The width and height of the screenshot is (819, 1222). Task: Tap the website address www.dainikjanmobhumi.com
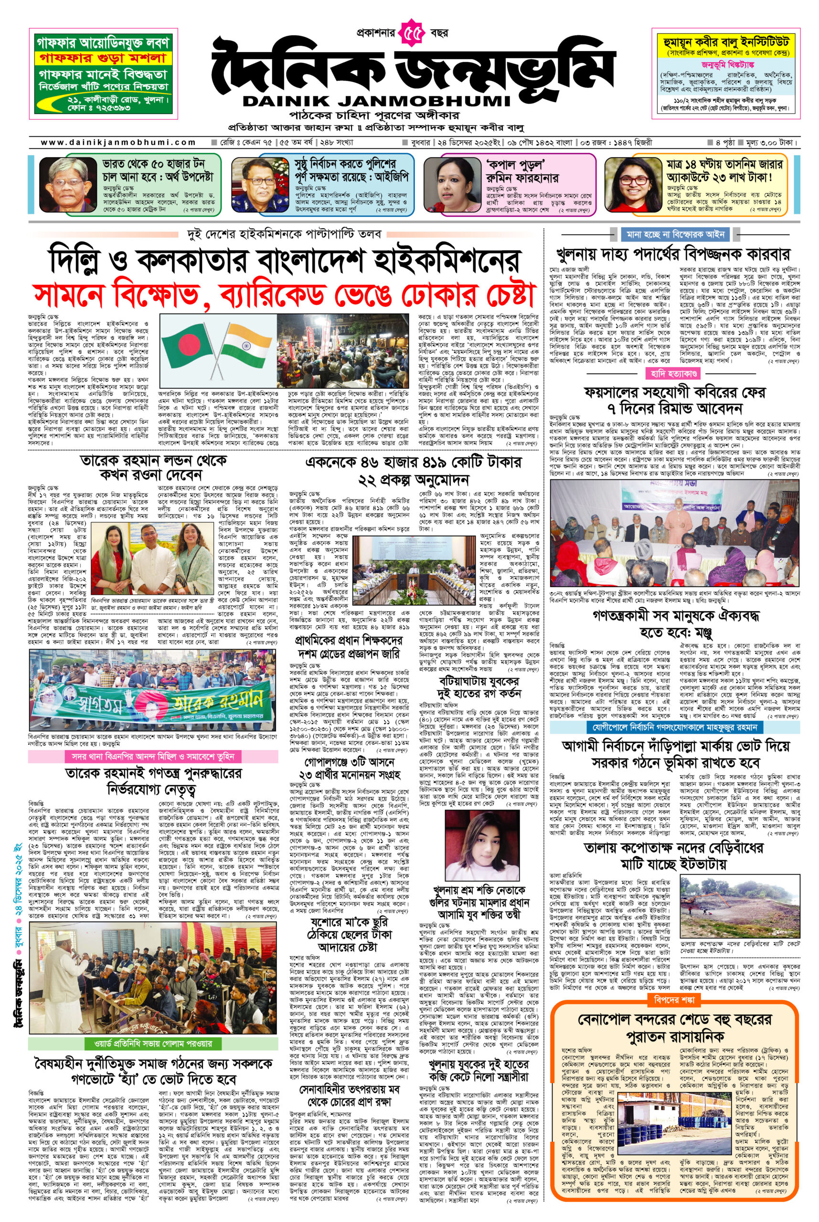coord(118,142)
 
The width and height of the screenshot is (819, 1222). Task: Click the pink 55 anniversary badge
coord(412,34)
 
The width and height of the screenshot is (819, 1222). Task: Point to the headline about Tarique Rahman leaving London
coord(154,467)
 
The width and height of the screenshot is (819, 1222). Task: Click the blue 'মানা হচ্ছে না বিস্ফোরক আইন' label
coord(675,234)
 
